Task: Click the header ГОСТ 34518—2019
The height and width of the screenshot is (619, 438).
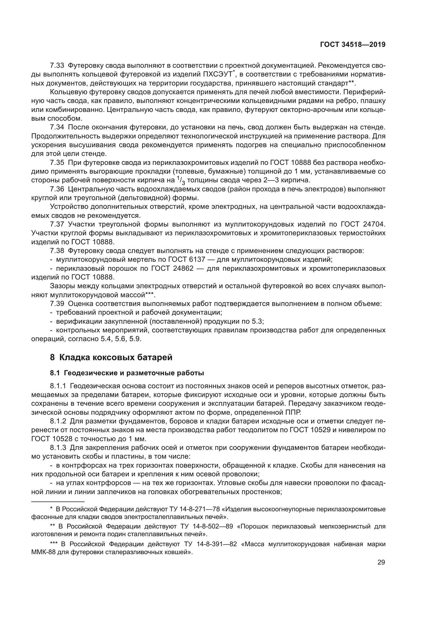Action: pos(352,45)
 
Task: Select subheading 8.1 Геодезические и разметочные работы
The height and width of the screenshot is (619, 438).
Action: pos(127,373)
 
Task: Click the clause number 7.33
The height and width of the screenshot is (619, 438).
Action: pos(57,66)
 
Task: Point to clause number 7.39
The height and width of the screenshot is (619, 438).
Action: pos(57,304)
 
